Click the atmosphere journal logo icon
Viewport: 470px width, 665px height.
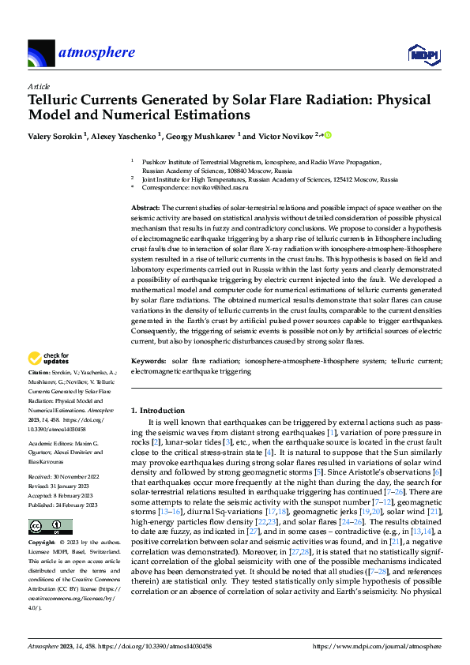coord(41,54)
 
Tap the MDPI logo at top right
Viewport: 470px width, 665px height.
coord(423,54)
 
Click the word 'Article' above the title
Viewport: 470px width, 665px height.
coord(38,86)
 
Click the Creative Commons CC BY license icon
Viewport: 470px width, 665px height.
coord(50,505)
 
